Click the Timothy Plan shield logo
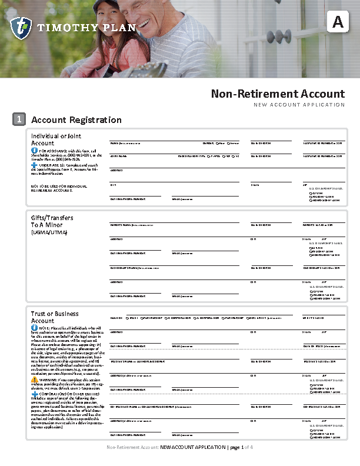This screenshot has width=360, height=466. [21, 28]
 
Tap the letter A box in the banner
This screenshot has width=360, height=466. [337, 22]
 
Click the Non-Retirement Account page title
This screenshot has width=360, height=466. [278, 94]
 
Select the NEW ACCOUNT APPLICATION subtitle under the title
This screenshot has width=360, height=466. [299, 105]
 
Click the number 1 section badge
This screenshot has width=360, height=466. [19, 119]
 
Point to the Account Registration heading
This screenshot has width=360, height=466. [76, 120]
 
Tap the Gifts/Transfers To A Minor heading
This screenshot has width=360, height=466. [52, 221]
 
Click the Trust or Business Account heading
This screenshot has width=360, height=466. [55, 317]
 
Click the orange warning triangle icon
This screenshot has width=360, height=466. [34, 380]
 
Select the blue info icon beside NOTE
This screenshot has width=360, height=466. [34, 328]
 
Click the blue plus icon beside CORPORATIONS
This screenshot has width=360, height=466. [34, 394]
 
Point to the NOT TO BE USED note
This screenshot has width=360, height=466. [58, 188]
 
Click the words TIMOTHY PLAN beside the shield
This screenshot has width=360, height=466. [86, 28]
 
